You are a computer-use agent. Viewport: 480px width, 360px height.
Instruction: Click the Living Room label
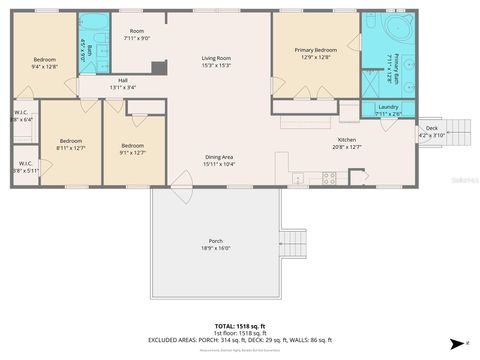(216, 62)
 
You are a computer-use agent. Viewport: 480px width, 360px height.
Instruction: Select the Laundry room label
(389, 109)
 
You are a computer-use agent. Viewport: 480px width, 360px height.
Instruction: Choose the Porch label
(215, 246)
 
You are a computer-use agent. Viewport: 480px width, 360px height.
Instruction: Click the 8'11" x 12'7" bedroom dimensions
(68, 147)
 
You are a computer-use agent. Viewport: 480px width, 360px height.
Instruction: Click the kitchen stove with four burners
(327, 178)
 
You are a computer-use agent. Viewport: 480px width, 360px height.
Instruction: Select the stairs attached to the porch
(294, 243)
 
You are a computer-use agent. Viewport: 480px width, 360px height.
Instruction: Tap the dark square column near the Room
(158, 67)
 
